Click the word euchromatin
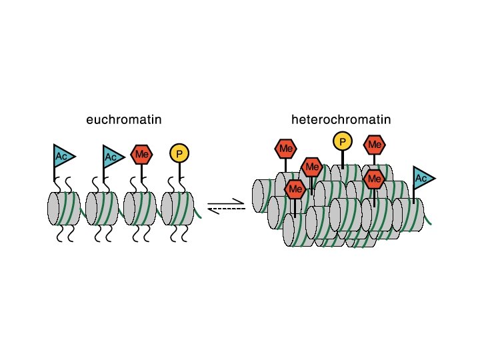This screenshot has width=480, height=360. click(124, 120)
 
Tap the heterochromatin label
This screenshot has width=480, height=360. click(341, 120)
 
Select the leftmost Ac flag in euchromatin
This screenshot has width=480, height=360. click(63, 156)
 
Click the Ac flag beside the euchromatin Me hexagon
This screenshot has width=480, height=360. click(112, 157)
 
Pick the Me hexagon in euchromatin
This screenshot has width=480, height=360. click(141, 155)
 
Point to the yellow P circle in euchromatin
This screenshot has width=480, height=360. click(179, 154)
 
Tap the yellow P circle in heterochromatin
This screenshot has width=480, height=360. click(342, 141)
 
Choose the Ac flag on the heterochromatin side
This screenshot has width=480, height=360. click(422, 178)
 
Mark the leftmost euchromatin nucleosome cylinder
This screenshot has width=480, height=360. click(63, 209)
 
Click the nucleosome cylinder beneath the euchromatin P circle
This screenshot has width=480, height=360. click(177, 209)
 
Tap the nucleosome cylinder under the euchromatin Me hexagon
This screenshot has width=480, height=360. click(140, 209)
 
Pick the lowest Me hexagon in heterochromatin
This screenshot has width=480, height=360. click(295, 189)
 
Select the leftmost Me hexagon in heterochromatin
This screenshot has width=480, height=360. click(286, 148)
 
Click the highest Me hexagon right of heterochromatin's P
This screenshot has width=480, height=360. click(374, 145)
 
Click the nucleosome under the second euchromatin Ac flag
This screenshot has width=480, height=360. click(101, 209)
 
